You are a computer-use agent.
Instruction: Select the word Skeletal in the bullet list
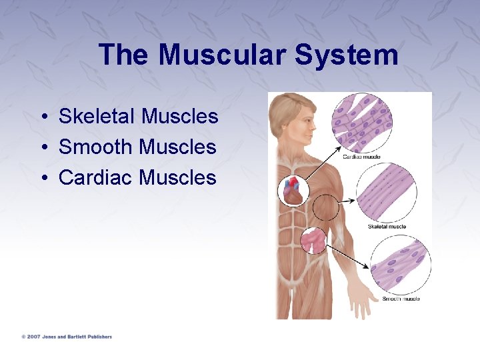coord(97,117)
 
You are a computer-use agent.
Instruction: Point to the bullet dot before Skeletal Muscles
coord(42,117)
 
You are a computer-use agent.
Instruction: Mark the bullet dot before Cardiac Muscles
coord(42,178)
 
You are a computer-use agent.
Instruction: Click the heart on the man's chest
coord(293,190)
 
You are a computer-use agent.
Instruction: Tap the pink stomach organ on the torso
coord(313,240)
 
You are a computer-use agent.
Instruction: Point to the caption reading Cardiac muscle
coord(361,157)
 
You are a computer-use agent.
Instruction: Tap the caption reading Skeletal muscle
coord(387,227)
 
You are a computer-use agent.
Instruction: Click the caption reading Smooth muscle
coord(401,299)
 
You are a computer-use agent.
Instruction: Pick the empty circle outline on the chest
coord(326,207)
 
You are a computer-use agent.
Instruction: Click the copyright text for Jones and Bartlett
coord(66,337)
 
